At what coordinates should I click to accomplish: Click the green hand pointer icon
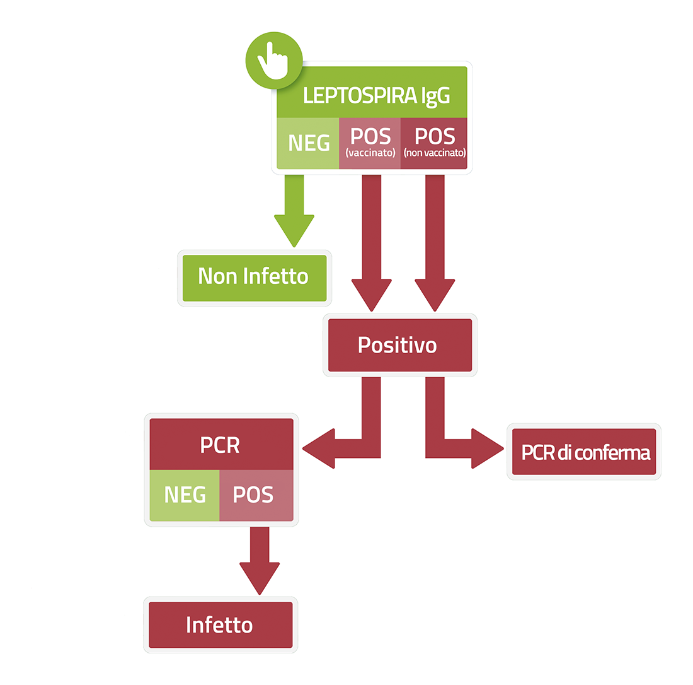pos(274,60)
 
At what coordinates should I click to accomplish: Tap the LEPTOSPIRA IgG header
pos(372,92)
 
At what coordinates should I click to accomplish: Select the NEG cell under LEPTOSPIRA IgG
pos(307,143)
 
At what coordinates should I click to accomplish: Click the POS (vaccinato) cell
pos(370,143)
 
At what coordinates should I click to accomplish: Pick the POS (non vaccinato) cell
pos(434,143)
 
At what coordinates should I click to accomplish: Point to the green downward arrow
pos(294,211)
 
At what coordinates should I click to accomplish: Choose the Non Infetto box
pos(255,278)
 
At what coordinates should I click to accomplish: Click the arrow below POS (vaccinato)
pos(371,243)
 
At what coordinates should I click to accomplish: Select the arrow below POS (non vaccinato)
pos(435,243)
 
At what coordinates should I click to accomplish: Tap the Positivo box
pos(400,345)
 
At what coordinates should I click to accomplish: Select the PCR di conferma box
pos(584,452)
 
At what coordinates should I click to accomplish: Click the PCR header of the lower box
pos(221,444)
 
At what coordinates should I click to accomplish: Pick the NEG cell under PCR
pos(185,495)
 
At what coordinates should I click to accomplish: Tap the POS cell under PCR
pos(256,495)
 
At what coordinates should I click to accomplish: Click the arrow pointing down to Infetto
pos(260,561)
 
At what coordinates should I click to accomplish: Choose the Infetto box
pos(220,625)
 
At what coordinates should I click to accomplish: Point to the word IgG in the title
pos(435,97)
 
